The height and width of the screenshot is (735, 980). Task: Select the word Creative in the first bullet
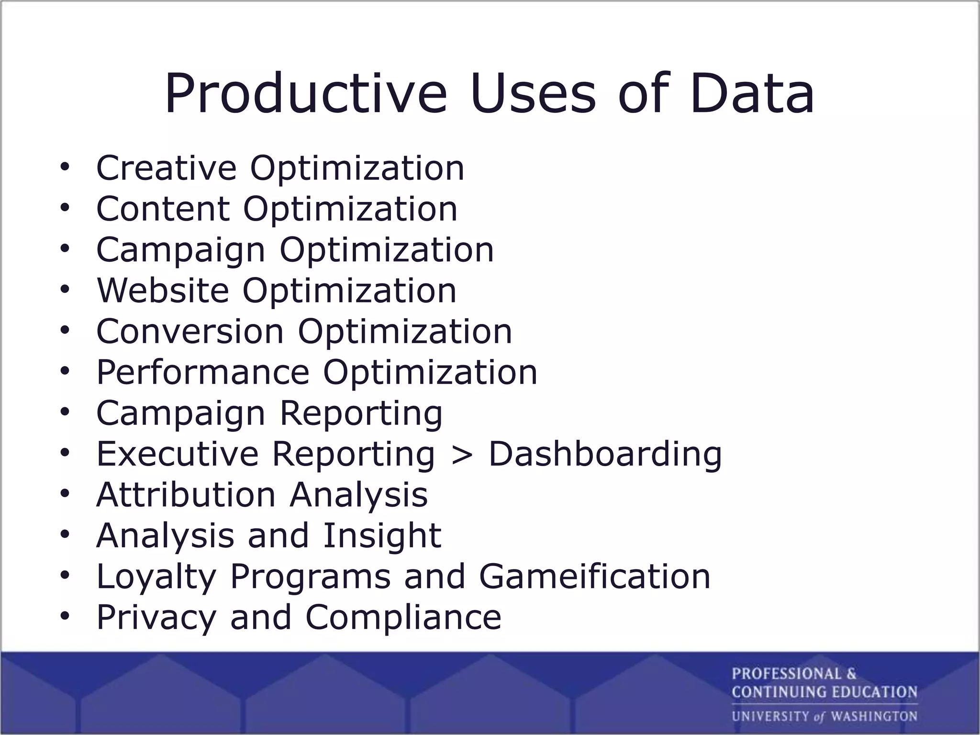166,168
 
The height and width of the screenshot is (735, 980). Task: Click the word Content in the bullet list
163,209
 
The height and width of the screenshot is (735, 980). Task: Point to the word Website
163,290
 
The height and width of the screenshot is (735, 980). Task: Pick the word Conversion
190,331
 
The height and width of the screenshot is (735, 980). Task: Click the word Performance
203,372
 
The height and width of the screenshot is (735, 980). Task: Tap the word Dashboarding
605,454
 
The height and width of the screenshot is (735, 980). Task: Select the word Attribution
186,494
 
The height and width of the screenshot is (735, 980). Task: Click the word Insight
382,535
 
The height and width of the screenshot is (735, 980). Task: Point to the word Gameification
595,576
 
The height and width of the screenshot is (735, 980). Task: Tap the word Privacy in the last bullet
156,618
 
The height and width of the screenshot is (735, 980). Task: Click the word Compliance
403,618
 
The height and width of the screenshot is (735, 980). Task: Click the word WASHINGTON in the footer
874,716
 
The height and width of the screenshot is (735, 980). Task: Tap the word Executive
178,454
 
